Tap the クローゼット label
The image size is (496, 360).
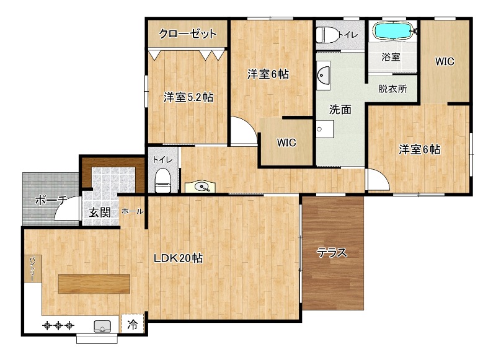tap(188, 33)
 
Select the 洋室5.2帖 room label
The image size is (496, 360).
tap(188, 97)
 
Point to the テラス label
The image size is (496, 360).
tap(332, 253)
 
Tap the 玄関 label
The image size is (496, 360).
tap(100, 212)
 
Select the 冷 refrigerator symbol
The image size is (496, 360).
tap(132, 323)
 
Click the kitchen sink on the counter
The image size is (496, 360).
tap(102, 326)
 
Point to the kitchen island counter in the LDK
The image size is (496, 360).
tap(95, 284)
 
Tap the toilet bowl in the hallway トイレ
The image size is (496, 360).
tap(162, 180)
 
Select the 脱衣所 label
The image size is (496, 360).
tap(392, 88)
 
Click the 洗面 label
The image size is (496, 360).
tap(340, 110)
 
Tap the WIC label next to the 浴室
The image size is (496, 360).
tap(445, 61)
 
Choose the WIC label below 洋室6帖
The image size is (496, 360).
tap(286, 143)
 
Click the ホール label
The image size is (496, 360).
tap(133, 211)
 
